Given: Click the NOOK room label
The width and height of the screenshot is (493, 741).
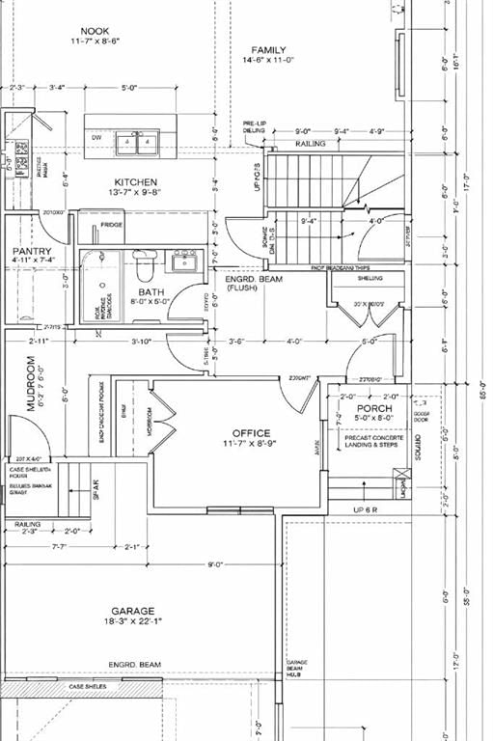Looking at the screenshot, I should tap(95, 32).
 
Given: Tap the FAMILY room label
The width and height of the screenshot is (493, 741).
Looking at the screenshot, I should tap(269, 49).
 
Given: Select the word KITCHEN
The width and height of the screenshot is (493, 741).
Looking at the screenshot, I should tap(136, 182).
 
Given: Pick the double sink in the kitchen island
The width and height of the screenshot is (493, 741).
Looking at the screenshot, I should tap(136, 143).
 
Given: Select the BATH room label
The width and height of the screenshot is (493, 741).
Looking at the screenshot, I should tap(151, 290).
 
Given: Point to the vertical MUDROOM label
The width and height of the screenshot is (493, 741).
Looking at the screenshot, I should tap(31, 384).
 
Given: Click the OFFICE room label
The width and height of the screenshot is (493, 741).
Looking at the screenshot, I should tap(251, 433).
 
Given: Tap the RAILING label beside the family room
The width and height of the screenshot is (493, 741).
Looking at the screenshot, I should tap(311, 144).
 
